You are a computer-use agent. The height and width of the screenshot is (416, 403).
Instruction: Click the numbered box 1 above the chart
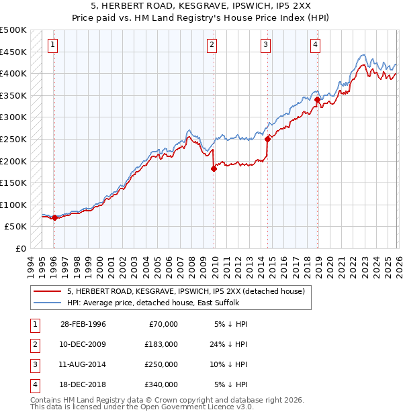tap(53, 45)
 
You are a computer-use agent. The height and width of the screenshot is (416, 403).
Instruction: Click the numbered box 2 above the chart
tap(212, 45)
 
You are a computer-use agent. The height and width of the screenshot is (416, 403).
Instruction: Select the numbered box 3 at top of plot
tap(266, 45)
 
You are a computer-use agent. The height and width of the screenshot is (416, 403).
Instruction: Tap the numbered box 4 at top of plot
tap(315, 45)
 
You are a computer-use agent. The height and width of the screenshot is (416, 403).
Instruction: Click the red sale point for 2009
tap(214, 168)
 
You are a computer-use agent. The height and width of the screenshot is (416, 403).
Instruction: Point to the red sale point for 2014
tap(267, 140)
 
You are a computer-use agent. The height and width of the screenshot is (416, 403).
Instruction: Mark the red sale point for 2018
tap(317, 100)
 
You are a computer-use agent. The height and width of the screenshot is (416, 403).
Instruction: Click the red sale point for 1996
tap(54, 217)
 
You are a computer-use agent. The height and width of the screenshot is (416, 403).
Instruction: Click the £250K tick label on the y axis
tap(13, 139)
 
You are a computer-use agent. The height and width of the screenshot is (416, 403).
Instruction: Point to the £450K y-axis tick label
tap(13, 52)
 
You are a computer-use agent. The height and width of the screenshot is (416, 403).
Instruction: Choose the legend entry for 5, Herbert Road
tap(185, 291)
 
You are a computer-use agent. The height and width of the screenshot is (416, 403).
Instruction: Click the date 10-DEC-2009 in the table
tap(83, 344)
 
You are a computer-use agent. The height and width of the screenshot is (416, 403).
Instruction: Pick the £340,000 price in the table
tap(161, 384)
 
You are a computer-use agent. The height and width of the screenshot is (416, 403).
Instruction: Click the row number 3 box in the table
tap(34, 364)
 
